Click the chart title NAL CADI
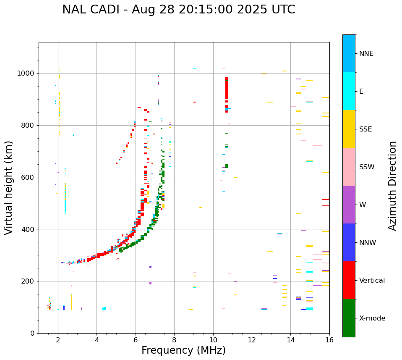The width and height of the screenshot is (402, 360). [178, 10]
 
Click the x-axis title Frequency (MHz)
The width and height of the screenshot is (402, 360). [183, 350]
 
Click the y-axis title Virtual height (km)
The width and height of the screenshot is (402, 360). [9, 188]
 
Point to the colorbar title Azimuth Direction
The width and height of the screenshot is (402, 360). [392, 186]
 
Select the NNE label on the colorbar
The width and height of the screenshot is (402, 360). [366, 54]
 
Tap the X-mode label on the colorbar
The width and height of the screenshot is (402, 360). [372, 318]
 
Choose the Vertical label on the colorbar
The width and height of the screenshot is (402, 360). [372, 281]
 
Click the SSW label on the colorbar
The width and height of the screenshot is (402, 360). [367, 167]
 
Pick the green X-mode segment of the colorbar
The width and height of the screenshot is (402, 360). [349, 318]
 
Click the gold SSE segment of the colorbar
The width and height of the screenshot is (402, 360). [349, 129]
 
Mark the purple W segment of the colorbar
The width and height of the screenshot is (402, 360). [349, 205]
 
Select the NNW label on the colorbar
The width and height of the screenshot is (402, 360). [368, 243]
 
